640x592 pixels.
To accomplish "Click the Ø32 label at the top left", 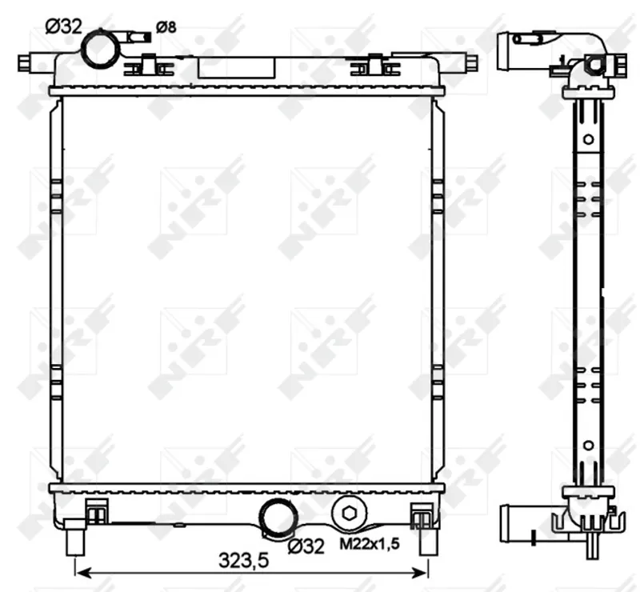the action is point(63,27).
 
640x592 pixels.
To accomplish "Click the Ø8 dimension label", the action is point(166,27).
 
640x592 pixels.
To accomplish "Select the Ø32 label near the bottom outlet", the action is point(306,546).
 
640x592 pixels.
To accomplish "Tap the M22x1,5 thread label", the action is point(370,543).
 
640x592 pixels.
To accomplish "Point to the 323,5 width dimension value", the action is point(244,560).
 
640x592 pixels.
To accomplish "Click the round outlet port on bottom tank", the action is point(279,518).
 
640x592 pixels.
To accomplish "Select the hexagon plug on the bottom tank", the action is point(349,514).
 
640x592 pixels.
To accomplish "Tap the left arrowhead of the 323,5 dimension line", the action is point(82,573).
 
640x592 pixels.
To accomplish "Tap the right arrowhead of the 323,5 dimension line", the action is point(421,573).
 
